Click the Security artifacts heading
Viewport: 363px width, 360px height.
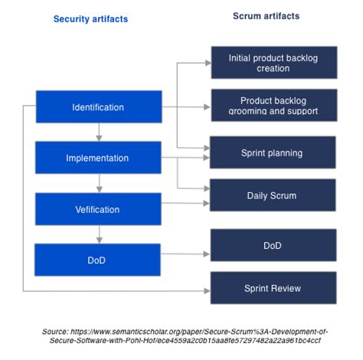(x=90, y=19)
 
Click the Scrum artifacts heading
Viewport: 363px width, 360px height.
(x=266, y=16)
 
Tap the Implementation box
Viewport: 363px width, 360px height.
(x=98, y=158)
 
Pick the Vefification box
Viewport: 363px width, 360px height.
(x=98, y=208)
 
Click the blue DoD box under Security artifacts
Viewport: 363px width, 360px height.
(x=98, y=260)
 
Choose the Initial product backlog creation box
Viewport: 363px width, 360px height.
(x=273, y=63)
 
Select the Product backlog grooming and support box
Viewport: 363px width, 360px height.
(x=273, y=106)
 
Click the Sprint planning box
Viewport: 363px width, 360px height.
(x=273, y=153)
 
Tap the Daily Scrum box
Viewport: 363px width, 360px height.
(x=273, y=195)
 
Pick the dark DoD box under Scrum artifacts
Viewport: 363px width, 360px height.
(x=273, y=245)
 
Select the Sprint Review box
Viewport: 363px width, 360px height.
(x=273, y=288)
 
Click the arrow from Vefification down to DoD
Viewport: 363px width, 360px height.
(x=98, y=234)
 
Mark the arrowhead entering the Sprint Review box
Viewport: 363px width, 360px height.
(x=207, y=291)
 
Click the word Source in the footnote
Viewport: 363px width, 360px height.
(x=57, y=331)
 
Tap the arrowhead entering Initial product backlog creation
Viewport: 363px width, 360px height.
(x=207, y=63)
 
